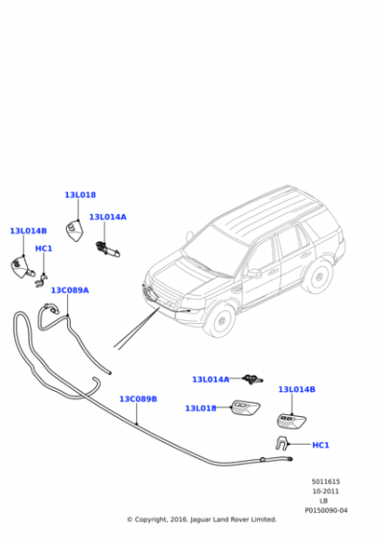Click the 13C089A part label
pyautogui.click(x=70, y=290)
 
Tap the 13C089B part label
pyautogui.click(x=138, y=399)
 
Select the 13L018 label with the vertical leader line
pyautogui.click(x=81, y=195)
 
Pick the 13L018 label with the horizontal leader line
pyautogui.click(x=201, y=408)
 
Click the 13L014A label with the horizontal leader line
pyautogui.click(x=211, y=379)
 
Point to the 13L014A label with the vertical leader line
pyautogui.click(x=107, y=217)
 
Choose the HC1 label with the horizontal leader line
pyautogui.click(x=321, y=445)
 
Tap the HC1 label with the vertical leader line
pyautogui.click(x=44, y=248)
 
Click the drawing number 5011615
pyautogui.click(x=325, y=481)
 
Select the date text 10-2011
pyautogui.click(x=325, y=491)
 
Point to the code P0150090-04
pyautogui.click(x=326, y=510)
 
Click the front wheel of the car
pyautogui.click(x=220, y=321)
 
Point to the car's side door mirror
pyautogui.click(x=254, y=274)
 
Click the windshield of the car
pyautogui.click(x=214, y=248)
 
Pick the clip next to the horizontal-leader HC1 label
pyautogui.click(x=282, y=443)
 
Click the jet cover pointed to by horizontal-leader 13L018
pyautogui.click(x=246, y=407)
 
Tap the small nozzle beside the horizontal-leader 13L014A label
pyautogui.click(x=252, y=379)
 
